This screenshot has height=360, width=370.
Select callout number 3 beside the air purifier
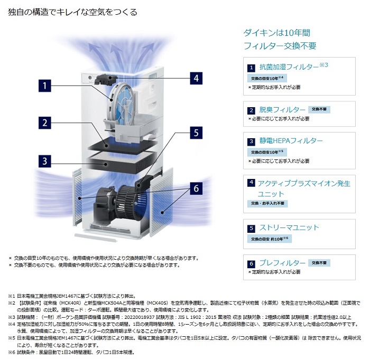(45, 160)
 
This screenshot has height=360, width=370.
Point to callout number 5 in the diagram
(195, 132)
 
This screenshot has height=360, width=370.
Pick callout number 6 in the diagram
(195, 187)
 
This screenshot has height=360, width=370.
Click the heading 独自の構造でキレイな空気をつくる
(73, 12)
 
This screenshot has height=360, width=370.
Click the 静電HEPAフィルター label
(291, 141)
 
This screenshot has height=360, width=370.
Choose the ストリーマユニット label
(289, 228)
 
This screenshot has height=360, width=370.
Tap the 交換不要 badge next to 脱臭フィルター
(319, 109)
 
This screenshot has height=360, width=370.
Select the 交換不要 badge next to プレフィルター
(319, 262)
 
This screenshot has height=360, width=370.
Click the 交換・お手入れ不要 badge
(267, 203)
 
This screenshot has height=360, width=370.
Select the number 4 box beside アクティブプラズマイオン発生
(252, 183)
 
